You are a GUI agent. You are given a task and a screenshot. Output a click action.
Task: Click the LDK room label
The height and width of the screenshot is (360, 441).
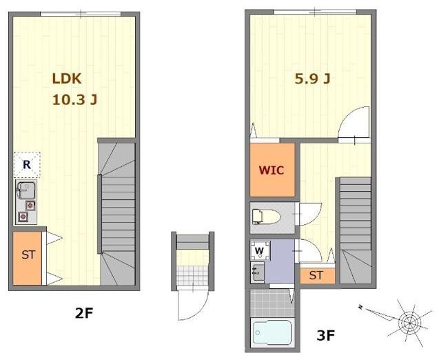(x=67, y=79)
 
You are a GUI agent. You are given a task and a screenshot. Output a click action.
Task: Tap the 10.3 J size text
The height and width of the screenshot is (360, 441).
(x=75, y=99)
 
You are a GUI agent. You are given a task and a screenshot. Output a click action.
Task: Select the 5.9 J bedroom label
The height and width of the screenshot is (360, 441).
(x=312, y=79)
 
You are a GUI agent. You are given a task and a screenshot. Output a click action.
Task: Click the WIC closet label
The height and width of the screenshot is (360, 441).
(x=271, y=170)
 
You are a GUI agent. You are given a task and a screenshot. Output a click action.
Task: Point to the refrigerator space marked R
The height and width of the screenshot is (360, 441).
(x=27, y=165)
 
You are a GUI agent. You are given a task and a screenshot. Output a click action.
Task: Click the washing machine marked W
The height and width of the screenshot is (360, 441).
(x=260, y=250)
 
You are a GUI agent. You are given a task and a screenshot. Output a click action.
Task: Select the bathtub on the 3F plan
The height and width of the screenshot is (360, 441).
(x=272, y=332)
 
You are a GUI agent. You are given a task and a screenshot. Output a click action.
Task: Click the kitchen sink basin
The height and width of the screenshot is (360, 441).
(x=26, y=190)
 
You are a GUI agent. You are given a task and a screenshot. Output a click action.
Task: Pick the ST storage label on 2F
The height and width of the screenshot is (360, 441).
(x=28, y=255)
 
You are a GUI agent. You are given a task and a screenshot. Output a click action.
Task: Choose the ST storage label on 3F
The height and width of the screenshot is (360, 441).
(x=316, y=275)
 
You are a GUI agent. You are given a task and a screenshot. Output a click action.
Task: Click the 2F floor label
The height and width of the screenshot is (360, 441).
(x=84, y=312)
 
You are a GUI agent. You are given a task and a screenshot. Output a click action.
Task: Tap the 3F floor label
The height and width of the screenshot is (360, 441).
(x=325, y=335)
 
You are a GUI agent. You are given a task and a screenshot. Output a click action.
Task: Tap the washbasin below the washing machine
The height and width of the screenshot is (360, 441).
(x=257, y=272)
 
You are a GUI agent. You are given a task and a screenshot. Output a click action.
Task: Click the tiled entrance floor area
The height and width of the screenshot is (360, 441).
(x=192, y=276)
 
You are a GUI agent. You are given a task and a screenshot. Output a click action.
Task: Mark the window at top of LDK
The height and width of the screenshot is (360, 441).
(x=81, y=14)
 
